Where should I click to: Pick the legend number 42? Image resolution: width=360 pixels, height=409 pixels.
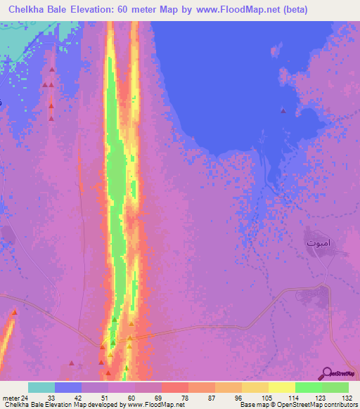tap(78, 397)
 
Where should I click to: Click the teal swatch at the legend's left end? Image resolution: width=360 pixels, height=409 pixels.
tap(41, 387)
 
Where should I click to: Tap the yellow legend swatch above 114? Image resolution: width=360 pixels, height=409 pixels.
tap(281, 387)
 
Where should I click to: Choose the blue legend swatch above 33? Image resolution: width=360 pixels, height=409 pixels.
tap(68, 387)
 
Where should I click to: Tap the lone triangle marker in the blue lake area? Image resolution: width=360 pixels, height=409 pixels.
tap(283, 110)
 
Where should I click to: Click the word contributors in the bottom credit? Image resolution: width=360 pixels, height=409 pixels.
tap(338, 405)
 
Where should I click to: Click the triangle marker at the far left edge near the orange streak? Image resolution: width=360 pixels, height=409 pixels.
tap(14, 312)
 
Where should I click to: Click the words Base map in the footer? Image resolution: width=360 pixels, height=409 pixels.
tap(252, 405)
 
